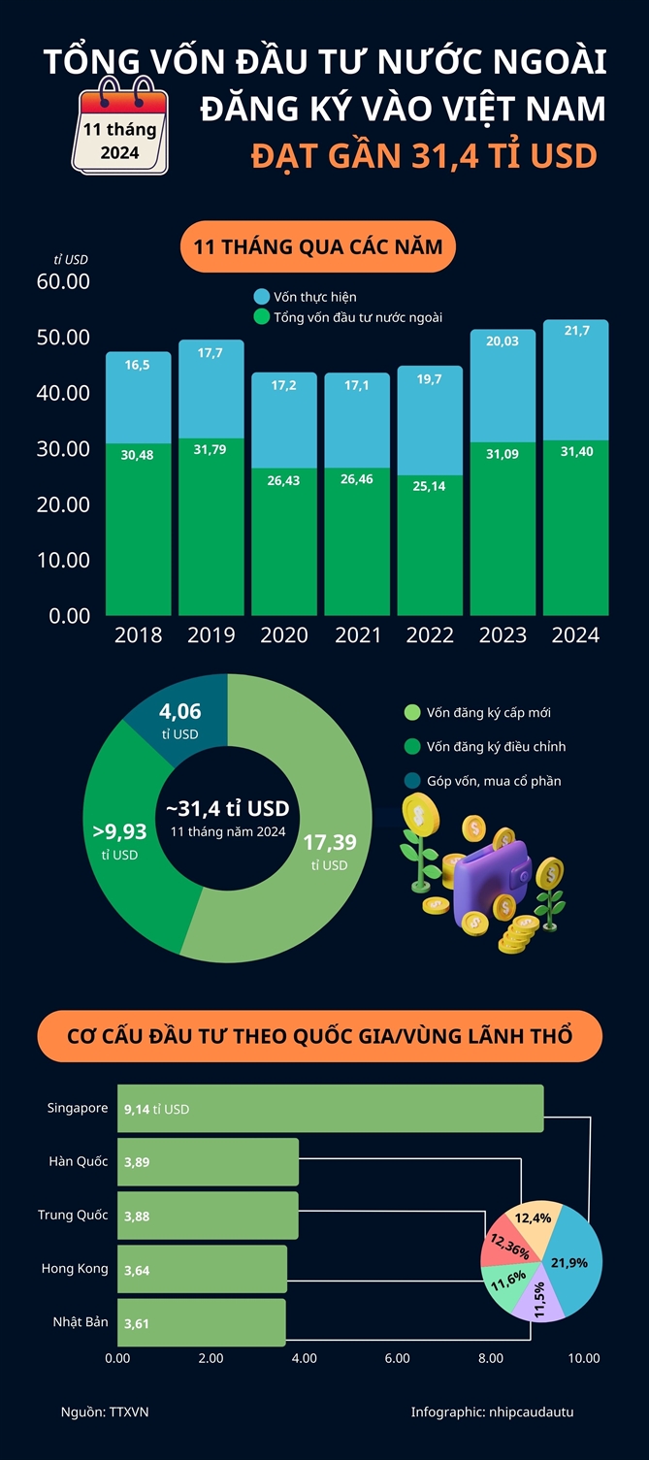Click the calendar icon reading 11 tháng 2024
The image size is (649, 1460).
point(119,131)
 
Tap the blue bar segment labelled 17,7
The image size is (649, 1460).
point(211,388)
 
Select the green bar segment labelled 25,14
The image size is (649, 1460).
point(430,543)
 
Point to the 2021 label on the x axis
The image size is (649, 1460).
point(356,635)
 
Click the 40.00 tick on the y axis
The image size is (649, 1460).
point(65,393)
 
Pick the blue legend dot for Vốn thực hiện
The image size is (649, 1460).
point(261,296)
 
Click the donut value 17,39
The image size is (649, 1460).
point(330,842)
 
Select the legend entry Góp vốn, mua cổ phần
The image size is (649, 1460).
point(494,781)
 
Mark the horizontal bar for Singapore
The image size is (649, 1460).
point(330,1108)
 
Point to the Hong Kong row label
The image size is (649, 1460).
point(75,1268)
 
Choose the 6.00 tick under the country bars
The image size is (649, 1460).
point(397,1358)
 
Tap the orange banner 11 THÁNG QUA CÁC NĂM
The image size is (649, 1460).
point(317,246)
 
